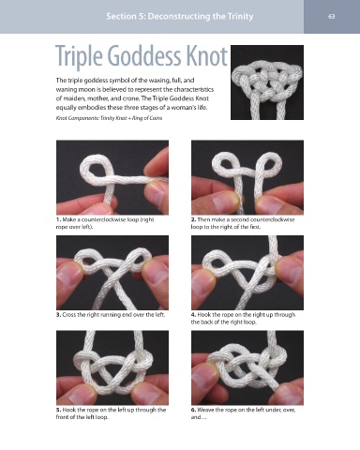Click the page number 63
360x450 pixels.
click(332, 16)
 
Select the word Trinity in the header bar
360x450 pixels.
click(240, 16)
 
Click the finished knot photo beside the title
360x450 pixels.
click(267, 82)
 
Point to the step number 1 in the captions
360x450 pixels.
click(58, 219)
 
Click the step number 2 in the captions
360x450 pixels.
click(193, 219)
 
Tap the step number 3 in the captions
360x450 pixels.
click(58, 315)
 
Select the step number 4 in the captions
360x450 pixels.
click(193, 315)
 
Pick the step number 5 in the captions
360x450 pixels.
click(58, 410)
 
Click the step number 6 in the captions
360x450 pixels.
click(193, 410)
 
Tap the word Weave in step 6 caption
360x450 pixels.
click(205, 410)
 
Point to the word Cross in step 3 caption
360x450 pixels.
click(69, 315)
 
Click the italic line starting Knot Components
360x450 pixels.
click(109, 118)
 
